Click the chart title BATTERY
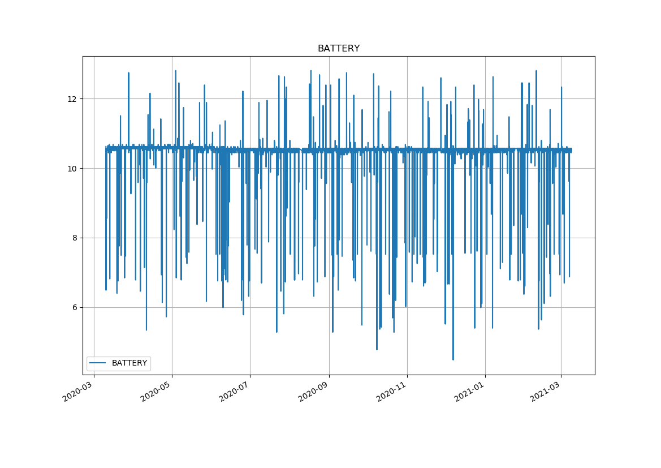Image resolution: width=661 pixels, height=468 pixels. tap(338, 49)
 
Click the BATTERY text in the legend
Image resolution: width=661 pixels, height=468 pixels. tap(129, 363)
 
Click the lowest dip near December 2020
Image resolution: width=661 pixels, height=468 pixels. tap(453, 359)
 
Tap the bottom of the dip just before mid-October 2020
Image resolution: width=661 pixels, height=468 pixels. tap(377, 349)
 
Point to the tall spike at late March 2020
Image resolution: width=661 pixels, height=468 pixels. tap(128, 73)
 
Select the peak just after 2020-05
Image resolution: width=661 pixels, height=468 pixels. tap(176, 71)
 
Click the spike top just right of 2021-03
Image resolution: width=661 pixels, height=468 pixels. tap(561, 87)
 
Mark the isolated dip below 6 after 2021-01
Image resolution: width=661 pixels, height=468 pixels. tap(492, 328)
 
